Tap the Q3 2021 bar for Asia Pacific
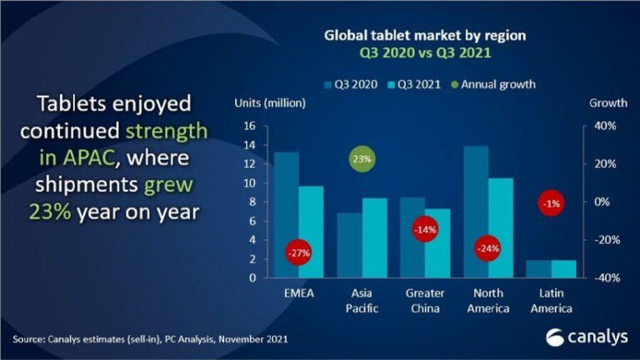point(375,237)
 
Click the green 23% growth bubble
point(362,158)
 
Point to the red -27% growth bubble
point(298,252)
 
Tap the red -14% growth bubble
point(425,229)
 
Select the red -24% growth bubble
point(487,248)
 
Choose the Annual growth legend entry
point(495,84)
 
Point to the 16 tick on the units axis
point(249,127)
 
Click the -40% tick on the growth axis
point(602,278)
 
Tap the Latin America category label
point(551,302)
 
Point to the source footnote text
point(151,340)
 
